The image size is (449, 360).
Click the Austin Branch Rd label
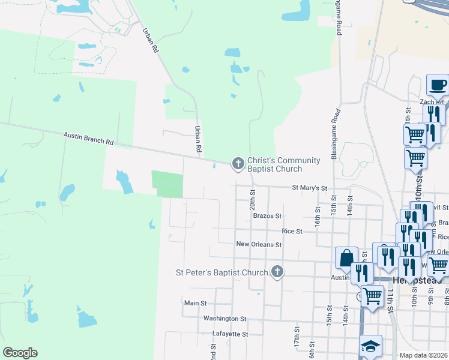click(89, 139)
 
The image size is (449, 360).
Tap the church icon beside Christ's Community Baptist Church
click(238, 163)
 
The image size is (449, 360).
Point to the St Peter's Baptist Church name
click(221, 272)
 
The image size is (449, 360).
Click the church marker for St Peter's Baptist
click(277, 272)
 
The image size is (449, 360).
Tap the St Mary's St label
click(309, 188)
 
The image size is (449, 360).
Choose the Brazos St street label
click(267, 215)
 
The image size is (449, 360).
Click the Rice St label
click(292, 231)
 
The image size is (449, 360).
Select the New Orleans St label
click(259, 245)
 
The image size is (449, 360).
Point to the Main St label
click(195, 304)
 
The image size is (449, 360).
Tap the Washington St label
click(224, 319)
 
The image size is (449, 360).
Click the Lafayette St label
click(230, 334)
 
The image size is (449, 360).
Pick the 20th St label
click(253, 197)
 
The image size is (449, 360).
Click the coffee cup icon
click(437, 85)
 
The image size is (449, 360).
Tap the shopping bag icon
click(347, 258)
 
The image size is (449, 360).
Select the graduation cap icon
click(370, 346)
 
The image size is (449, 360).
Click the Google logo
click(20, 353)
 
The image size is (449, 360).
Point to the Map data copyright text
click(424, 355)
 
